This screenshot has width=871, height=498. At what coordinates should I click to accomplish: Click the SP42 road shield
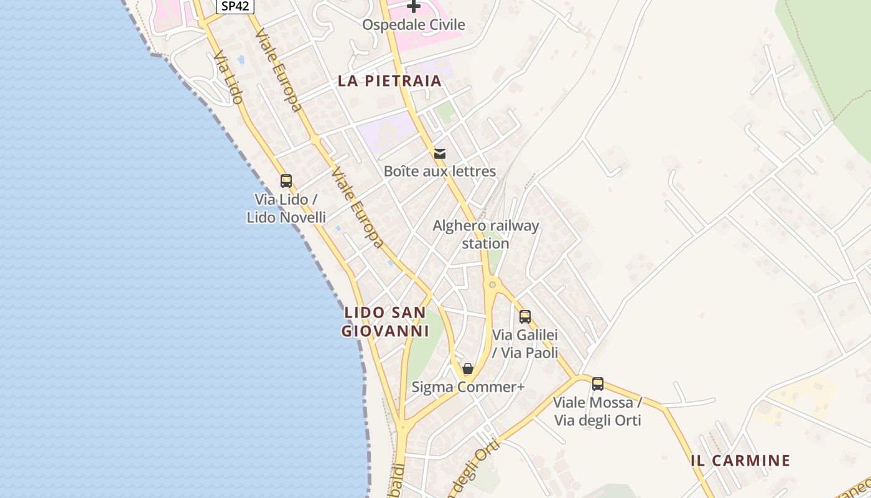point(236,6)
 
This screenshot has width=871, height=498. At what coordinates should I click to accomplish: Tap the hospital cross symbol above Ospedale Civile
point(414,7)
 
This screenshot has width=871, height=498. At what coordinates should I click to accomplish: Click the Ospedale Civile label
point(414,25)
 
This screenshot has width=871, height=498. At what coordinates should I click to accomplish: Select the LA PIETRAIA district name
point(390,81)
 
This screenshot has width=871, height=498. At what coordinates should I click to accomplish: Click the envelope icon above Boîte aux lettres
point(440,153)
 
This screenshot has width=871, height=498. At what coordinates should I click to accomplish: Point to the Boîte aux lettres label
point(440,171)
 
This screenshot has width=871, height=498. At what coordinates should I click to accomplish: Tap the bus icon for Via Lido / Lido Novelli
point(286,181)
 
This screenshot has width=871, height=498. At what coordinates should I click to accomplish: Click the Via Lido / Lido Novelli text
point(286,209)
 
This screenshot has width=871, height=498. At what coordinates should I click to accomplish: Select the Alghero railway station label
point(486,234)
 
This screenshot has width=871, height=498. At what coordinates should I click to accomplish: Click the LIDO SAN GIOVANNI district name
point(386,321)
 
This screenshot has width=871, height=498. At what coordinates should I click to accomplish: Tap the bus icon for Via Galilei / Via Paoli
point(525,317)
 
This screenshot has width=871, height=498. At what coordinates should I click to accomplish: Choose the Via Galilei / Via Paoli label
point(525,344)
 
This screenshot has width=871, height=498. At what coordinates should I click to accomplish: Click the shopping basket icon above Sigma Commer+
point(468,369)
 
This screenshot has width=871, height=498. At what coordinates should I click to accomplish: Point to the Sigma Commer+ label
point(468,387)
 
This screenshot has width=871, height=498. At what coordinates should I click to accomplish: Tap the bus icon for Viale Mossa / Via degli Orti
point(598,384)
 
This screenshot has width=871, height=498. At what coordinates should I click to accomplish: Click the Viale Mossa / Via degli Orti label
point(598,411)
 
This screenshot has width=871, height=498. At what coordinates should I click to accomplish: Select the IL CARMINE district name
point(740,461)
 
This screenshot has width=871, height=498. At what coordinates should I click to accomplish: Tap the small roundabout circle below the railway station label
point(493,285)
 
